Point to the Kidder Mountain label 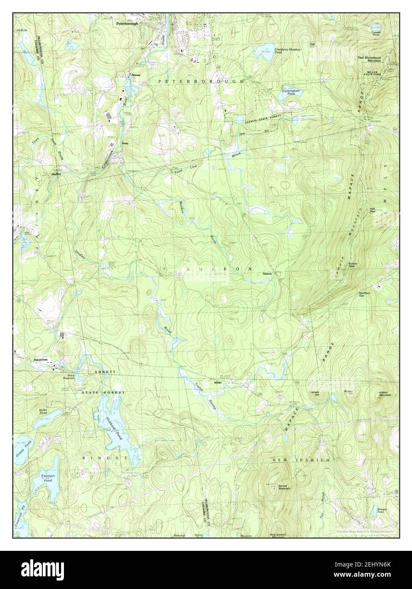pos(385,393)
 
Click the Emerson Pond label pos(47,478)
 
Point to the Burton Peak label pos(354,265)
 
